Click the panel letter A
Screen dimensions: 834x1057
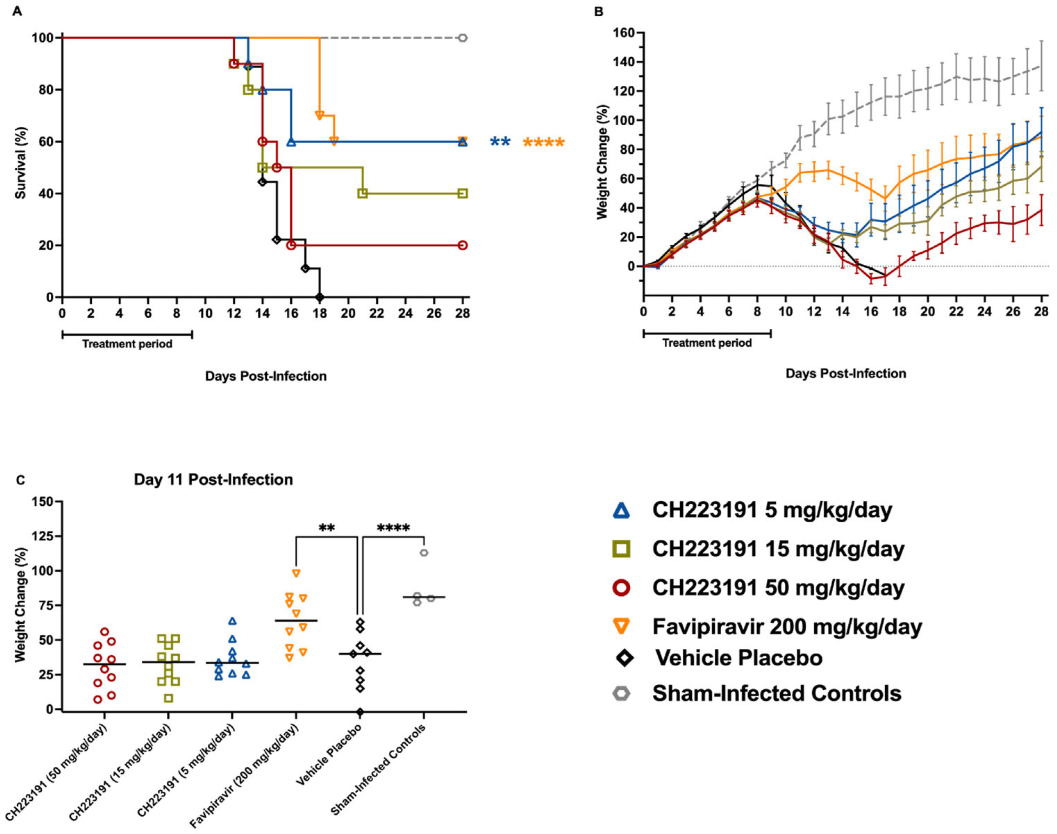(17, 11)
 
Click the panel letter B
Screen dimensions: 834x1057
(599, 11)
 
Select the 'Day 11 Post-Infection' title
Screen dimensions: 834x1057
(214, 480)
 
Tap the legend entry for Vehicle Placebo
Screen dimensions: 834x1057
(739, 658)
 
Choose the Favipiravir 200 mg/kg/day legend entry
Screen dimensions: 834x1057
(787, 626)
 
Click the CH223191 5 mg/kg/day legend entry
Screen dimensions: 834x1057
(772, 510)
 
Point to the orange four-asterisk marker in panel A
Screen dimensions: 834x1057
(544, 143)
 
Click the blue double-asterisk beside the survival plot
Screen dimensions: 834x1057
(500, 142)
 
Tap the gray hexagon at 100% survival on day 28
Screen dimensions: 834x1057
(463, 38)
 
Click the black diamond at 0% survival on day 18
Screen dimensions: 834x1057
(320, 297)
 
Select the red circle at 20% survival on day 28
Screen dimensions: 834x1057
(463, 245)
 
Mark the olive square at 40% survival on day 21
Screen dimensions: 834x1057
(363, 193)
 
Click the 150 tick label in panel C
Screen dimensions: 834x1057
(46, 502)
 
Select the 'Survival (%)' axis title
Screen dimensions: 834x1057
(20, 163)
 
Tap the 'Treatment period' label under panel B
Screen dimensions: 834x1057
(707, 343)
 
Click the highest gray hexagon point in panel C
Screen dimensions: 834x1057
(424, 553)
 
